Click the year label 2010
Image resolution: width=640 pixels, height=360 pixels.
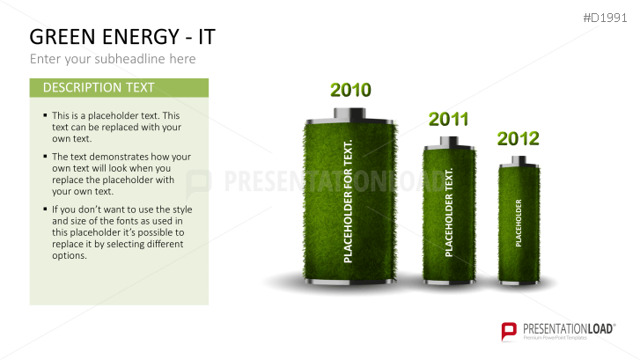pyautogui.click(x=350, y=90)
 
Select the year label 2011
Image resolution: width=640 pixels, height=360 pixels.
pyautogui.click(x=448, y=120)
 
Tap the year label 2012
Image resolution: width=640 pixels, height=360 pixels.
pyautogui.click(x=518, y=138)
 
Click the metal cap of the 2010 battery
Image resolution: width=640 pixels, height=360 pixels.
pyautogui.click(x=350, y=114)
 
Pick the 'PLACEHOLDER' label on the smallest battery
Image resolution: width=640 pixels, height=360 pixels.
pyautogui.click(x=519, y=223)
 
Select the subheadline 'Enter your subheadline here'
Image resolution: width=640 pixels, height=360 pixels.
pyautogui.click(x=113, y=59)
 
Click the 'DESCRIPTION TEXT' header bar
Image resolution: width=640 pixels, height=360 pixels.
pyautogui.click(x=119, y=88)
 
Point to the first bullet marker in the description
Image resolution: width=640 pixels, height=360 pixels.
pyautogui.click(x=46, y=115)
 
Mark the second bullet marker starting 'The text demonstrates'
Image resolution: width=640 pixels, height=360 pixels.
pyautogui.click(x=46, y=157)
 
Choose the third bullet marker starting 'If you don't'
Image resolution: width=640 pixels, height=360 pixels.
pyautogui.click(x=46, y=209)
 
